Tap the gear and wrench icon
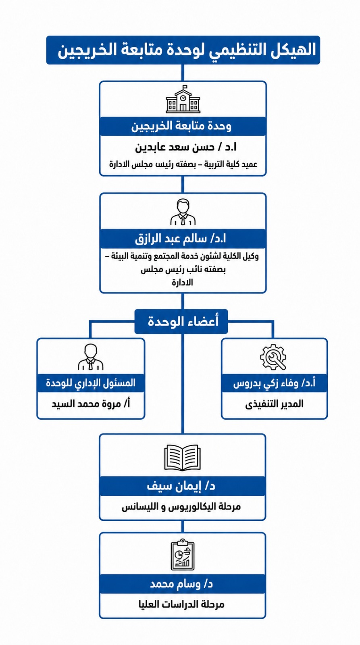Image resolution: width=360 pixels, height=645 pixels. click(x=273, y=357)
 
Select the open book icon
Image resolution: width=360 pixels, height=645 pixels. click(x=182, y=458)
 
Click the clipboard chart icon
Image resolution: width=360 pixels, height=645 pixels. click(x=183, y=555)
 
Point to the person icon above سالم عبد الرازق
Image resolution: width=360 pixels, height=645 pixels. click(x=183, y=212)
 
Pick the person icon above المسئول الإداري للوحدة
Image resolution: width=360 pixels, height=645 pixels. click(x=91, y=357)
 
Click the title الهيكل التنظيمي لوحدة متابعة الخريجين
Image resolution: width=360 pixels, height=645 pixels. click(x=187, y=50)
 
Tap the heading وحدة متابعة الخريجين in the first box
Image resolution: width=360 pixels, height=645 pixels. click(x=181, y=126)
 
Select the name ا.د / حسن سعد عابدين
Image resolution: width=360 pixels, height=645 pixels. click(x=186, y=148)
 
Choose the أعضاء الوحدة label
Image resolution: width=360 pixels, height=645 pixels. click(x=183, y=321)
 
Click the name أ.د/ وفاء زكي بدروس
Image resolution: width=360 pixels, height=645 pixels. click(x=274, y=383)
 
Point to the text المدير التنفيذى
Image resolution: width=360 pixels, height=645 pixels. click(x=274, y=404)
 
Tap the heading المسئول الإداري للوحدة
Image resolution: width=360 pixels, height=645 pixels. click(x=91, y=383)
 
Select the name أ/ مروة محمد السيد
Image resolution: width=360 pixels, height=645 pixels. click(x=91, y=404)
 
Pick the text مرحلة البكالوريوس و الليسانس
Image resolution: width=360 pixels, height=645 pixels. click(x=181, y=506)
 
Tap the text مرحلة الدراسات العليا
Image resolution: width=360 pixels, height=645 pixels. click(x=181, y=604)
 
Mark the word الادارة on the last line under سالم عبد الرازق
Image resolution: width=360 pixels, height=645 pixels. click(x=183, y=283)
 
